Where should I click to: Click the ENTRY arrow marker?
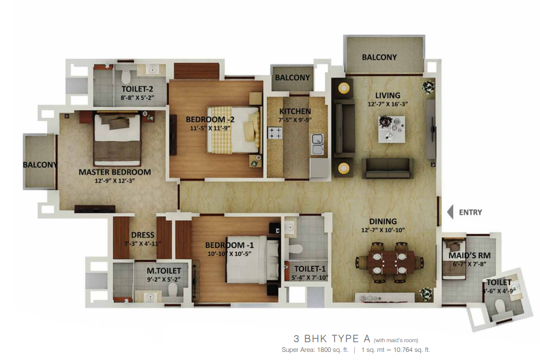450,212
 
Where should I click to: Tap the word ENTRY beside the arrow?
470,213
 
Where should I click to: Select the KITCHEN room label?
295,111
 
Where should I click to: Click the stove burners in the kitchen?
275,133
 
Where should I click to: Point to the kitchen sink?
317,144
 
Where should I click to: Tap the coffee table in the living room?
392,129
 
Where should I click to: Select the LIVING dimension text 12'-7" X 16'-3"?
388,104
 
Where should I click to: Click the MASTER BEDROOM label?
114,172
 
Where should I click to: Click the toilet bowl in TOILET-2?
126,76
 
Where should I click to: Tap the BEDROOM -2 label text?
210,120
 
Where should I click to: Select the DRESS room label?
143,235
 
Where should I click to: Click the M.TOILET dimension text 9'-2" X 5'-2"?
164,279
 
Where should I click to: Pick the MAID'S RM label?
469,255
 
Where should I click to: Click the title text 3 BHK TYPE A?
332,339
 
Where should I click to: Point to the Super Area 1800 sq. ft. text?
315,350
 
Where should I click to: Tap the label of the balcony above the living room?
379,57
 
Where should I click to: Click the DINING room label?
383,221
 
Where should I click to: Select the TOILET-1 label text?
309,269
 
